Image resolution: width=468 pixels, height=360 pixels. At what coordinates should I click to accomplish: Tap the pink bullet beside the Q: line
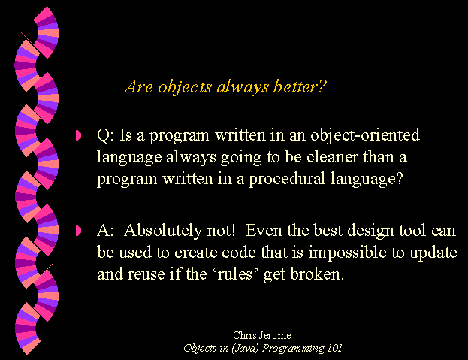[x=78, y=135]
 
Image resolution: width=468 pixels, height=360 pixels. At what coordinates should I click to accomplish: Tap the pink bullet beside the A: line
[x=78, y=231]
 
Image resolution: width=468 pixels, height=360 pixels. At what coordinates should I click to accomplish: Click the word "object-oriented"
[x=365, y=135]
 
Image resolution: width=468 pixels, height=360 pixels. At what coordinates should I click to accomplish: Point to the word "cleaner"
[x=332, y=157]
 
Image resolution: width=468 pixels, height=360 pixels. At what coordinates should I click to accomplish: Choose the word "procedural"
[x=286, y=179]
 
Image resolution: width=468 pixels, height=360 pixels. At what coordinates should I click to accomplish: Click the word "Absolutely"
[x=163, y=231]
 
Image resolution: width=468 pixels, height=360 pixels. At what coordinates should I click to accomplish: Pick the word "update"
[x=433, y=253]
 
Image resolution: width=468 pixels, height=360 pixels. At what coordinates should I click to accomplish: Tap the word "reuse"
[x=146, y=274]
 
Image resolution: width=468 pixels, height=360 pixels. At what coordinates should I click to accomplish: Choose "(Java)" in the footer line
[x=245, y=349]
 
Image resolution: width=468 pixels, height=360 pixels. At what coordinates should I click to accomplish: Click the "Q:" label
[x=105, y=135]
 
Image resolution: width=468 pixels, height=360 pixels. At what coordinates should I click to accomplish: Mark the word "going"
[x=241, y=158]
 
